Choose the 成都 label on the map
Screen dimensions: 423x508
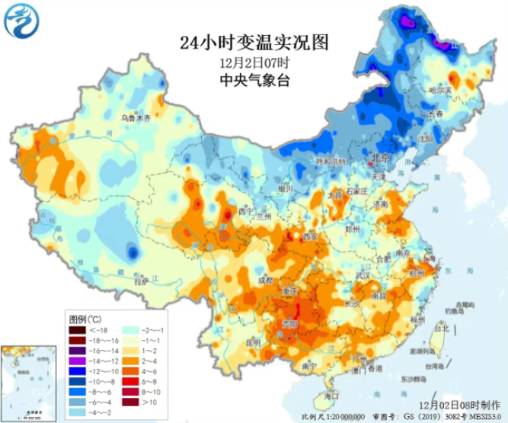pos(264,280)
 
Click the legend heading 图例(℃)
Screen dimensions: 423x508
pos(84,318)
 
